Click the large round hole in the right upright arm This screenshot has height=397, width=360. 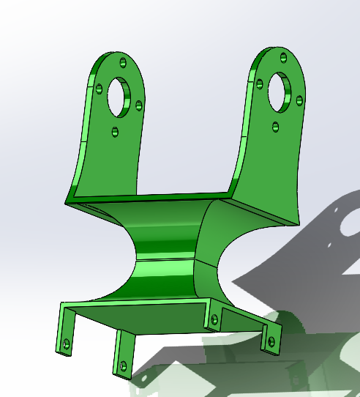tap(279, 89)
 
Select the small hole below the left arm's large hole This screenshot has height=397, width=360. tap(115, 133)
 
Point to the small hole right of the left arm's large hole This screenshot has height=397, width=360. tap(138, 103)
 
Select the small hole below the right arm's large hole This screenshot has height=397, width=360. tap(275, 127)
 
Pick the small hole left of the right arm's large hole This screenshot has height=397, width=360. tap(259, 84)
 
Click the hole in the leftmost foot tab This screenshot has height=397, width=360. tap(66, 343)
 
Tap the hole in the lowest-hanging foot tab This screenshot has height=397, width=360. tap(123, 364)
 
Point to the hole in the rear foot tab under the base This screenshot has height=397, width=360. tap(214, 319)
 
